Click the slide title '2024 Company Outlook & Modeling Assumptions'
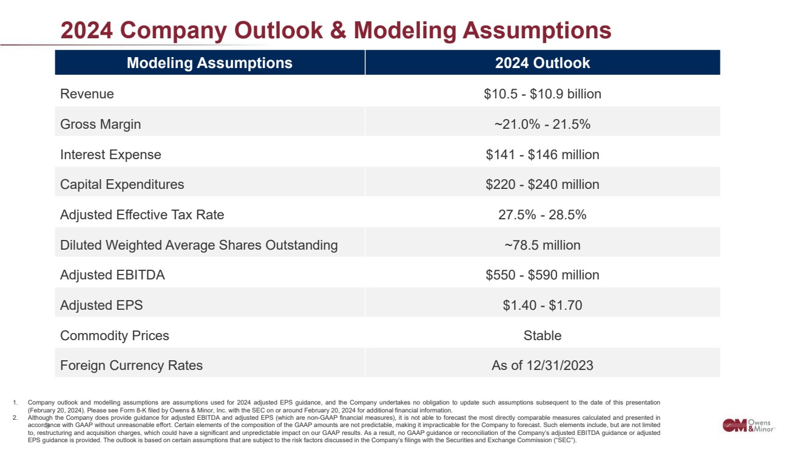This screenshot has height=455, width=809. tap(336, 30)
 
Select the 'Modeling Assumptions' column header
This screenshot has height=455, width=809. tap(209, 63)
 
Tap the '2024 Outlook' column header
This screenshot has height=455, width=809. tap(542, 63)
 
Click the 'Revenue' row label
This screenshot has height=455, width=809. tap(87, 94)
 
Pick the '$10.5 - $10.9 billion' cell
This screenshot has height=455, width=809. tap(542, 94)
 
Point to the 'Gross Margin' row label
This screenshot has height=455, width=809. tap(100, 125)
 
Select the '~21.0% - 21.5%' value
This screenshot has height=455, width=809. tap(542, 125)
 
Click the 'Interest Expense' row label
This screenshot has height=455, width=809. tap(110, 155)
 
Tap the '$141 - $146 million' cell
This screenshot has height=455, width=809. tap(542, 155)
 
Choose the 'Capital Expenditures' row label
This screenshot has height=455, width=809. tap(122, 185)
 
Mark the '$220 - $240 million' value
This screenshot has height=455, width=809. tap(542, 185)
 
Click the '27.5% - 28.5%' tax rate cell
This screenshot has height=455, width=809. tap(542, 215)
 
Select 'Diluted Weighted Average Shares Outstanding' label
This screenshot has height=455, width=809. tap(198, 245)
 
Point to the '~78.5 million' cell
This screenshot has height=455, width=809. tap(542, 245)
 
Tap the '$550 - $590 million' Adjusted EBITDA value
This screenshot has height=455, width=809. tap(542, 275)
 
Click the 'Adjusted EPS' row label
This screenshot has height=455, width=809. tap(101, 306)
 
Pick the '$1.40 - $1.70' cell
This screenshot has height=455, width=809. tap(542, 306)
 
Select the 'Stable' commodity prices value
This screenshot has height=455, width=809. tap(542, 336)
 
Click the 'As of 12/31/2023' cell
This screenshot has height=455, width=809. tap(542, 366)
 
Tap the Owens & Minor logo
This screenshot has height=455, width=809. tap(748, 425)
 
